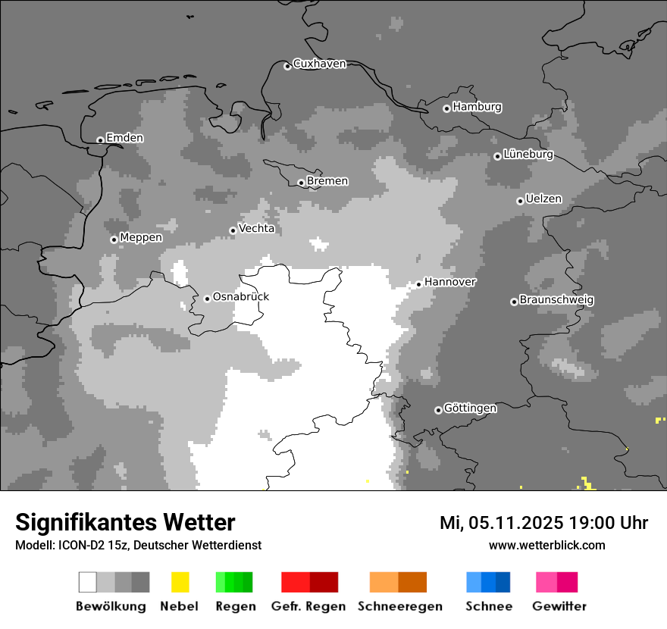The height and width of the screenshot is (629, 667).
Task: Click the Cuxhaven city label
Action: pos(319,64)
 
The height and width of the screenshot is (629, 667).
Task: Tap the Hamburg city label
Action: pos(477,107)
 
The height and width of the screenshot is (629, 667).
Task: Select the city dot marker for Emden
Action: pos(100,140)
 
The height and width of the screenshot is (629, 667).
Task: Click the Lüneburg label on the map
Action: pos(528,155)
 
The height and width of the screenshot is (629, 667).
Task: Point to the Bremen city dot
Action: pos(301,183)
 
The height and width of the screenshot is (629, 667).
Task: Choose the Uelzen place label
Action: pos(543,199)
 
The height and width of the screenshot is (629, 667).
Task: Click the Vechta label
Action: pos(256,228)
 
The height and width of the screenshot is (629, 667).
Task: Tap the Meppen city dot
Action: pos(114,239)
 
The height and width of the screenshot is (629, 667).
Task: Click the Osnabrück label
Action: pos(240,297)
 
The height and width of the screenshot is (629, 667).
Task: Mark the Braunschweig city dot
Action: pos(514,302)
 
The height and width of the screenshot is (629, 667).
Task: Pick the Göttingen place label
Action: pos(470,408)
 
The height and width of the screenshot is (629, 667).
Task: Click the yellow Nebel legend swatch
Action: pos(180,582)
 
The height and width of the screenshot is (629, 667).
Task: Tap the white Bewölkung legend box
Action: pos(88,582)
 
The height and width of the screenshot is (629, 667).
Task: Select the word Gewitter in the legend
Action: pos(559,606)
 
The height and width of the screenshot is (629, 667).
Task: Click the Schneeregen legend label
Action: pos(399,606)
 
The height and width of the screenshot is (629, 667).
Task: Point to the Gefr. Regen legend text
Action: pos(308,606)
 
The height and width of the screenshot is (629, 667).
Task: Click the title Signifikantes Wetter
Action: pos(125,522)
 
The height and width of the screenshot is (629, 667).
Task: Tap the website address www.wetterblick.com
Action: pos(546,545)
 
